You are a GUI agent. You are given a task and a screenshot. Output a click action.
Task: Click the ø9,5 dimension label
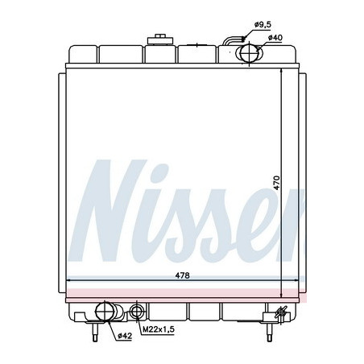[263, 25]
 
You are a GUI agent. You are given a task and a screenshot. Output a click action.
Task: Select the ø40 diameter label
[275, 38]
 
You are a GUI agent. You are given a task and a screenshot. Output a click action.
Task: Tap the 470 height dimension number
[276, 183]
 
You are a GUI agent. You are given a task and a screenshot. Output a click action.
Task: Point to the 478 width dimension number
[182, 275]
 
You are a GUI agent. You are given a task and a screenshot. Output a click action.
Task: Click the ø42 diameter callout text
[125, 335]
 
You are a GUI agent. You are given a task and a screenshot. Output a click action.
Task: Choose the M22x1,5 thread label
[159, 329]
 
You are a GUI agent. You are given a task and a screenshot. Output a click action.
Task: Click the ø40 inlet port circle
[249, 52]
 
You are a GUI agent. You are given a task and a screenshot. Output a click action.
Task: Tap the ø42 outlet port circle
[105, 312]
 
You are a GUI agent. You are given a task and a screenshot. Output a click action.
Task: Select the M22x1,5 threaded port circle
[137, 312]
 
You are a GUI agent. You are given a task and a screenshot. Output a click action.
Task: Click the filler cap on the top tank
[160, 39]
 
